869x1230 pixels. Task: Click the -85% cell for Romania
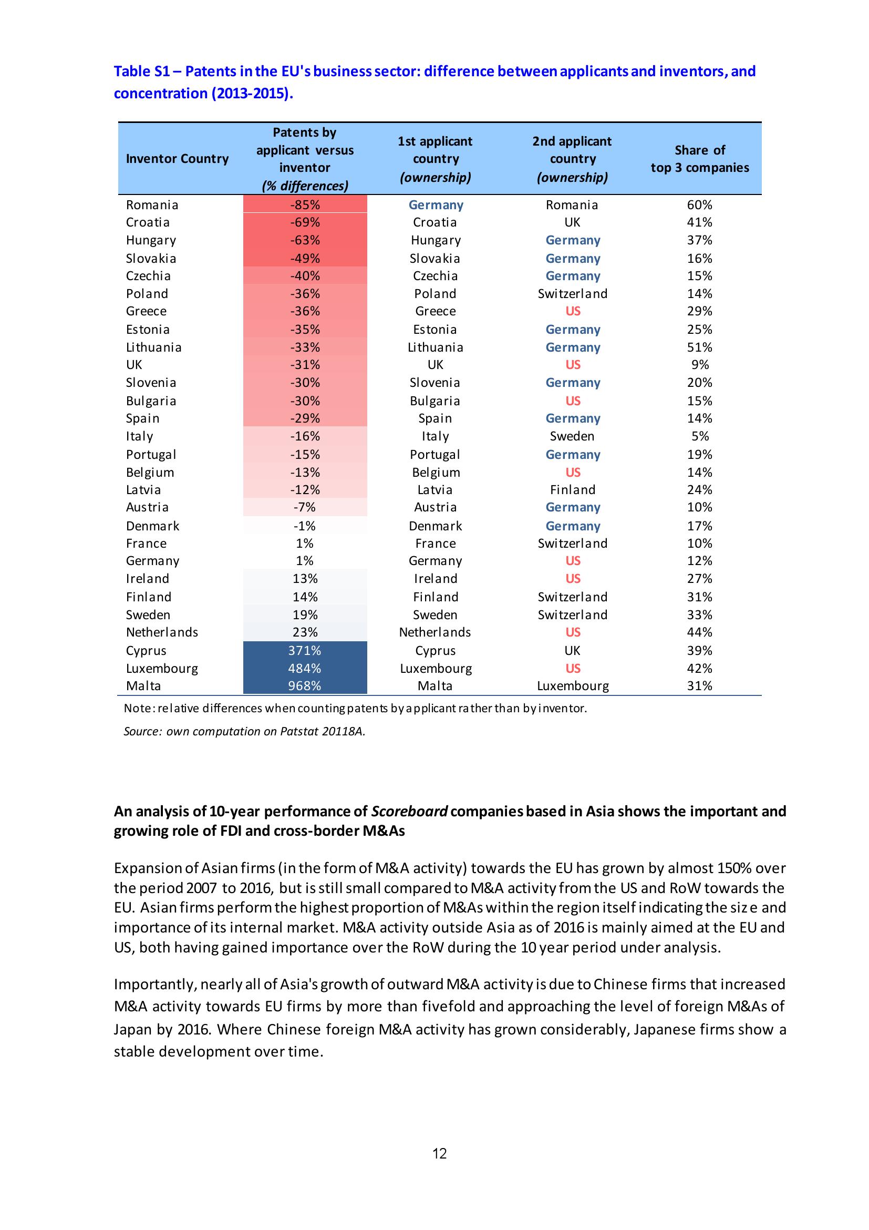pyautogui.click(x=305, y=204)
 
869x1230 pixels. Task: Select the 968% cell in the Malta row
pyautogui.click(x=305, y=686)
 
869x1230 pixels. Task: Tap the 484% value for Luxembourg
pyautogui.click(x=305, y=668)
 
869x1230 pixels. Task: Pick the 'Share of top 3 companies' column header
pyautogui.click(x=699, y=159)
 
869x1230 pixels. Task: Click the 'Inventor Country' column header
pyautogui.click(x=177, y=159)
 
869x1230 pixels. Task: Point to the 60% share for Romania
pyautogui.click(x=699, y=204)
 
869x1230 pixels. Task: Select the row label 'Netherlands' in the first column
pyautogui.click(x=162, y=632)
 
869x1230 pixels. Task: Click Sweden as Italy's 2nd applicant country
pyautogui.click(x=572, y=436)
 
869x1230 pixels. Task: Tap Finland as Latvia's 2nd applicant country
pyautogui.click(x=572, y=490)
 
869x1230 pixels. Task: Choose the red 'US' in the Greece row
pyautogui.click(x=572, y=311)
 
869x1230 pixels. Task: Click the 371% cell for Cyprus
pyautogui.click(x=305, y=650)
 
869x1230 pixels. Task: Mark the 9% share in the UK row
pyautogui.click(x=699, y=365)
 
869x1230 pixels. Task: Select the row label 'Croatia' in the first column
pyautogui.click(x=148, y=222)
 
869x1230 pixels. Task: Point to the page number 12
pyautogui.click(x=439, y=1168)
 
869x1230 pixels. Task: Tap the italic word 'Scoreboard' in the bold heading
pyautogui.click(x=409, y=811)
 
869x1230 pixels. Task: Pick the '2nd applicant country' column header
pyautogui.click(x=572, y=159)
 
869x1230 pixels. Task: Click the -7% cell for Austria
pyautogui.click(x=305, y=507)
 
